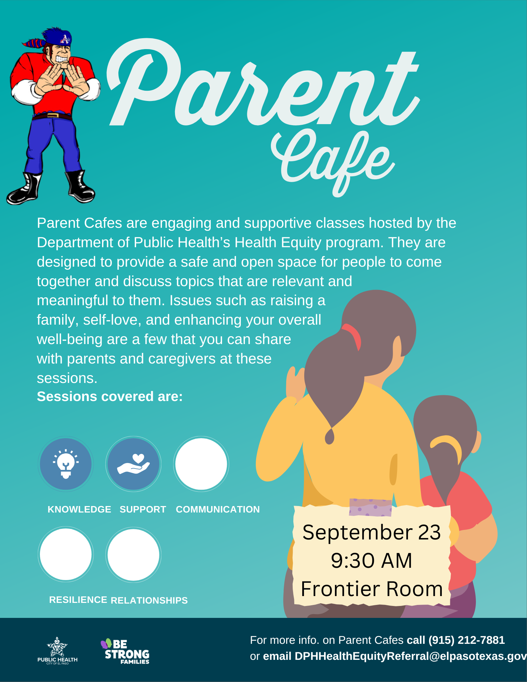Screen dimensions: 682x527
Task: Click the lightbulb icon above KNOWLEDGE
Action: tap(66, 464)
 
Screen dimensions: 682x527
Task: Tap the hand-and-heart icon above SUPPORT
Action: tap(133, 464)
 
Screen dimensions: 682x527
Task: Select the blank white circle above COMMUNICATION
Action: tap(201, 464)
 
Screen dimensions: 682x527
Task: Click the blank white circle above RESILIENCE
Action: tap(66, 554)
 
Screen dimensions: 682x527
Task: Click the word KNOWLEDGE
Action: tap(79, 509)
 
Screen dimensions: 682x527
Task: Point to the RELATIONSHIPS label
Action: tap(149, 601)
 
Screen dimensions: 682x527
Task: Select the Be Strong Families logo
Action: tap(126, 652)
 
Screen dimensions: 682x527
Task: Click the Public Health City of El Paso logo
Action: tap(57, 651)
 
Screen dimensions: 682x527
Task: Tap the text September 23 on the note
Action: tap(371, 532)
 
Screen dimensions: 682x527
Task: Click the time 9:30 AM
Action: tap(371, 561)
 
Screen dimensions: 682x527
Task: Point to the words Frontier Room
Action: tap(372, 589)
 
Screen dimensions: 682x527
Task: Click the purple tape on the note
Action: tap(370, 507)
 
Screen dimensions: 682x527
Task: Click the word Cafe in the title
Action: tap(333, 160)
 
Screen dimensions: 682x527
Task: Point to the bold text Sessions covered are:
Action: tap(110, 397)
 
